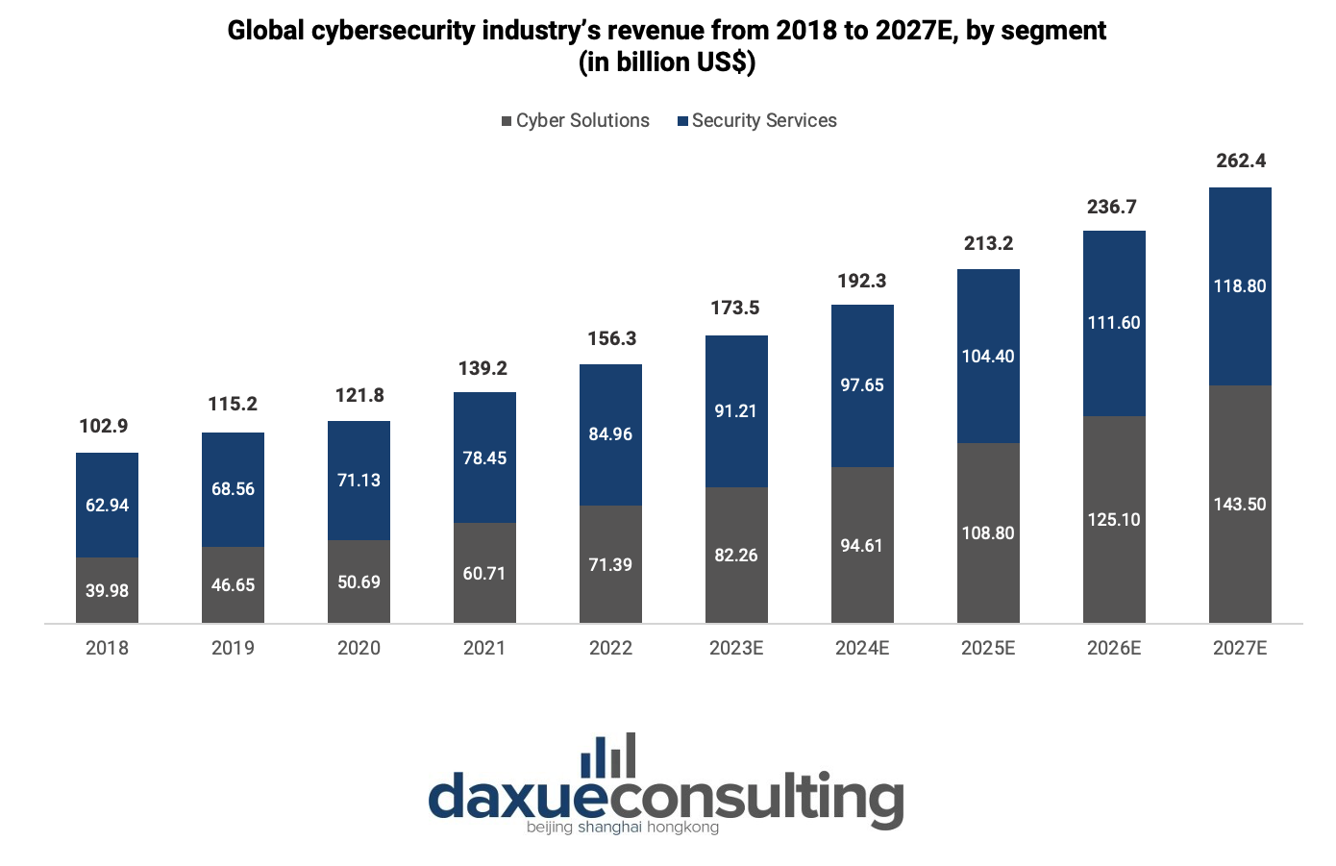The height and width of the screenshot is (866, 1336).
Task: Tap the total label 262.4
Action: (x=1241, y=161)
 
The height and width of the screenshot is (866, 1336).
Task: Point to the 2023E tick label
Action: (x=736, y=648)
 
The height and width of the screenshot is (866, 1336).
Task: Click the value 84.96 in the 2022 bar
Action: (x=610, y=434)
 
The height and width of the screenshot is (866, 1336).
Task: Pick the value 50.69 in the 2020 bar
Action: (x=359, y=582)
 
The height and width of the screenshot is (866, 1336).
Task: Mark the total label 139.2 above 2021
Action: (x=482, y=368)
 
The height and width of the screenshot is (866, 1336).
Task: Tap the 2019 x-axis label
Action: (x=233, y=648)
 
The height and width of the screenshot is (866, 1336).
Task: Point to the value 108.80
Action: (x=988, y=533)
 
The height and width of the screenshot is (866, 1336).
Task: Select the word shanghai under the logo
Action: (x=609, y=828)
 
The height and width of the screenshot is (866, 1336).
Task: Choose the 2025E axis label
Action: (x=988, y=648)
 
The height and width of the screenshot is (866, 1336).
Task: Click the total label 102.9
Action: (x=104, y=426)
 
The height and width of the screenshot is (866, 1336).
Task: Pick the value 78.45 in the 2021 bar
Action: (x=484, y=458)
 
